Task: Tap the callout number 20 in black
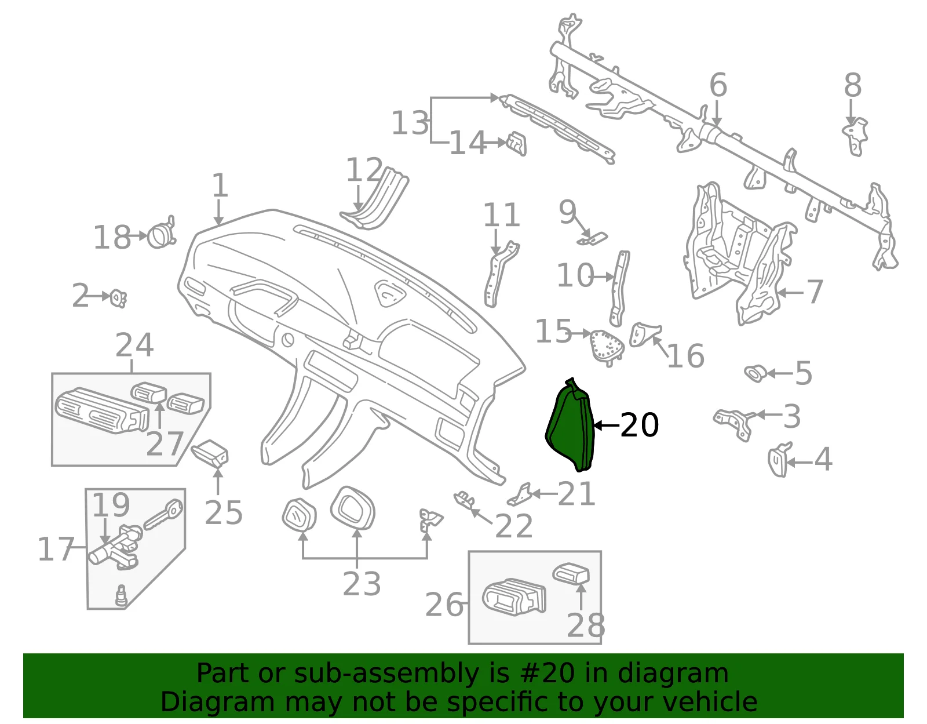(x=640, y=425)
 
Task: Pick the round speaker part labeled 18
(x=161, y=234)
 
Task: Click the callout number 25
(x=224, y=512)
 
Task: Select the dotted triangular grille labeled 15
(x=607, y=347)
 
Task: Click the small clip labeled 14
(x=517, y=143)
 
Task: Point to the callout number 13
(x=410, y=123)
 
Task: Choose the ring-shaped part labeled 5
(x=756, y=373)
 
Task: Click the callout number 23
(x=362, y=584)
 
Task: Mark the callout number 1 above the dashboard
(x=220, y=185)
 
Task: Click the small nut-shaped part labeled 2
(x=118, y=298)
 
